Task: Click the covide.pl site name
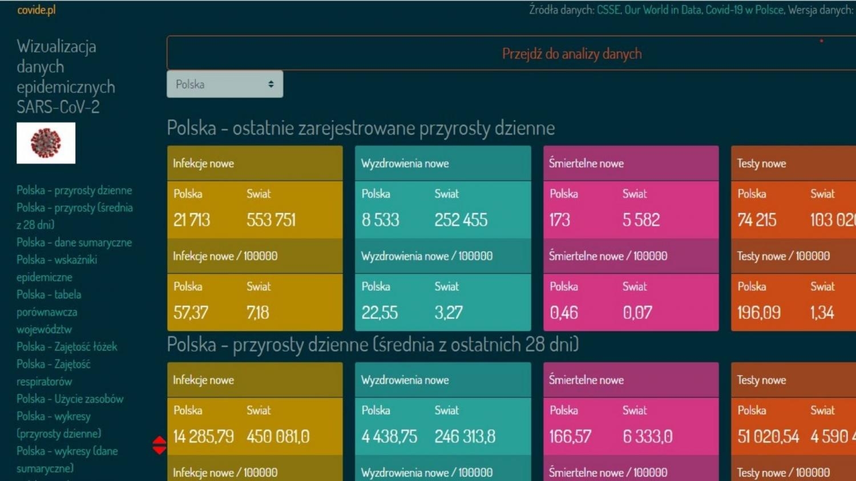tap(37, 10)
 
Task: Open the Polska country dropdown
tap(224, 84)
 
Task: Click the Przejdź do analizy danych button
tap(571, 54)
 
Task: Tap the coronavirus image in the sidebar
tap(46, 143)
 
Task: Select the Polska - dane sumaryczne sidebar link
tap(74, 242)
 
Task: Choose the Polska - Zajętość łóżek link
tap(67, 347)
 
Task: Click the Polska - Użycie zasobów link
tap(70, 399)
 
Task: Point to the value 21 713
tap(192, 220)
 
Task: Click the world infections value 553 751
tap(271, 220)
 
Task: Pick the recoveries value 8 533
tap(380, 220)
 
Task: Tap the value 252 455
tap(461, 220)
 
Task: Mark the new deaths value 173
tap(560, 220)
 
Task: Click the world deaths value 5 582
tap(641, 220)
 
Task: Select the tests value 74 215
tap(757, 220)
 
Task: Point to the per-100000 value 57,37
tap(191, 313)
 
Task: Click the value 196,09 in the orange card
tap(759, 313)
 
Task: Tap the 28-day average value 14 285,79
tap(203, 437)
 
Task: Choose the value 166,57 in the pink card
tap(570, 437)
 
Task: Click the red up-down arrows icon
tap(159, 445)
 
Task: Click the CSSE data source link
tap(608, 10)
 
